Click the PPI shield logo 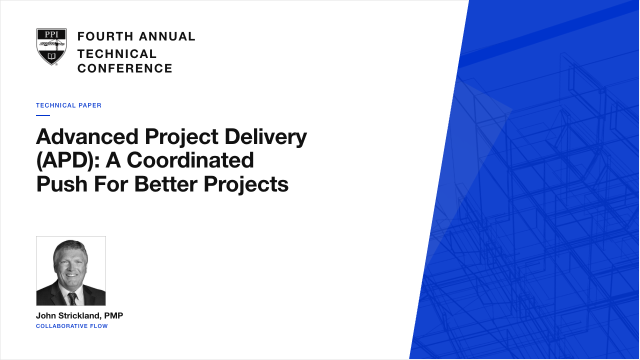click(51, 47)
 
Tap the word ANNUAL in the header click(167, 36)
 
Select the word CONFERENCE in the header click(125, 68)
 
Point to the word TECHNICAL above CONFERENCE click(117, 54)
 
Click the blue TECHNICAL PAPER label click(68, 105)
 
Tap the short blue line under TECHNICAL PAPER click(43, 115)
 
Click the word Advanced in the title click(87, 136)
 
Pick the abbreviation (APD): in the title click(68, 160)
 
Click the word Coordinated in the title click(190, 160)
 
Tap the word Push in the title click(61, 184)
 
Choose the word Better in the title click(165, 184)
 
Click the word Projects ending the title click(246, 185)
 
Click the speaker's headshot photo click(71, 271)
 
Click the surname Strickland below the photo click(83, 315)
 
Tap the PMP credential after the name click(113, 315)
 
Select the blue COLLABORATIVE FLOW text click(71, 326)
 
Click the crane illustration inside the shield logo click(51, 44)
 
